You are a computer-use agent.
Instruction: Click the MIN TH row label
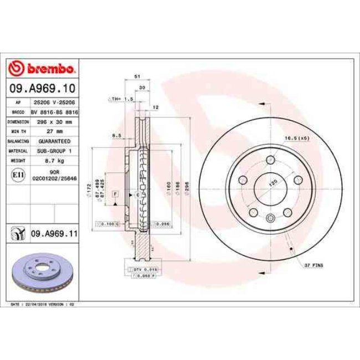18,131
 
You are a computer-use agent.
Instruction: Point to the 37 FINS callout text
313,265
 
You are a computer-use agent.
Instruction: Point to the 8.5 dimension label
116,135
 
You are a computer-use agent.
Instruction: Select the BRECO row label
18,112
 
